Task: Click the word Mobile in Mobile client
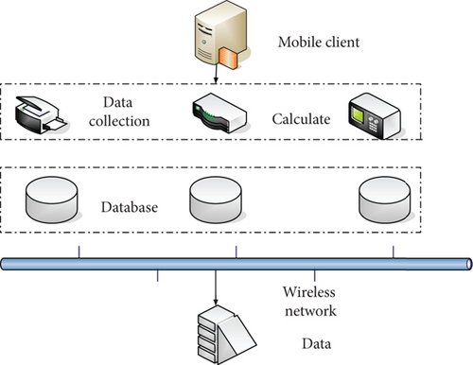(x=298, y=43)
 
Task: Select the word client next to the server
(x=342, y=43)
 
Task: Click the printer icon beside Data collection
(x=41, y=113)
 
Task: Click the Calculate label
(x=301, y=119)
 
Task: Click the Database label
(x=129, y=205)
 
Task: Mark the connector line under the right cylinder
(x=394, y=249)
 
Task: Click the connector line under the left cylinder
(x=79, y=249)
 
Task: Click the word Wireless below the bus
(x=311, y=293)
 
